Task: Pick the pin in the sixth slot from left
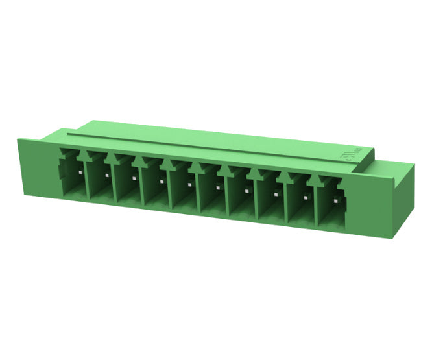[x=218, y=188]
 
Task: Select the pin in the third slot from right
[x=277, y=195]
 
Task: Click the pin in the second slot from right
[x=307, y=198]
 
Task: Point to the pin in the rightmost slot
[x=336, y=202]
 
